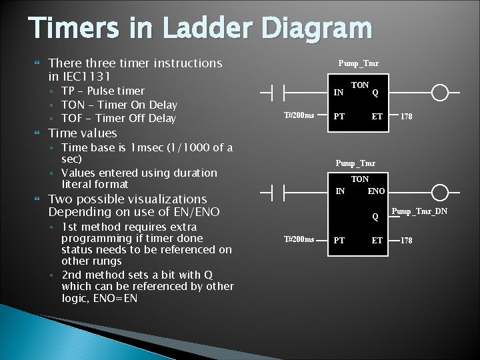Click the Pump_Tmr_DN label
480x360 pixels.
[x=419, y=212]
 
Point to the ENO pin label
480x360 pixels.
[x=376, y=192]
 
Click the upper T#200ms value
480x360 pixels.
[x=299, y=115]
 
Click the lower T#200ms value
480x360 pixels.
[x=299, y=239]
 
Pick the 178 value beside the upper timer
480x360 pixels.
[x=406, y=117]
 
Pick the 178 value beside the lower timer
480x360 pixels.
[x=406, y=240]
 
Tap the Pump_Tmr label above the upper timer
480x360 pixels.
[x=359, y=63]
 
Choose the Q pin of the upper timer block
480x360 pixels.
[x=375, y=93]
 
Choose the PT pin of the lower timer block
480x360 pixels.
[x=339, y=240]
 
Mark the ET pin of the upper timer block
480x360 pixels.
[x=377, y=117]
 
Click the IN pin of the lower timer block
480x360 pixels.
[x=340, y=192]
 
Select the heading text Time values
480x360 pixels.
[x=83, y=133]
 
